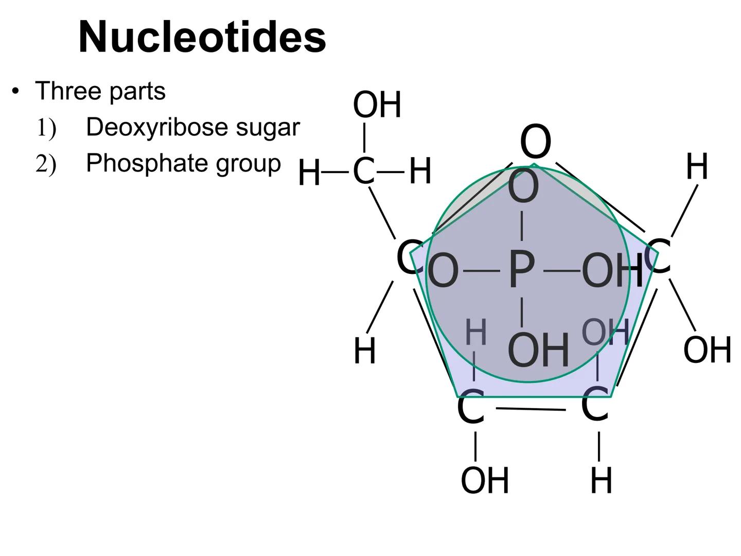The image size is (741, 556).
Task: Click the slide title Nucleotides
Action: coord(202,37)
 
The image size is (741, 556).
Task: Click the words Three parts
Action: coord(100,91)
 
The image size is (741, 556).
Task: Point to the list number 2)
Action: coord(45,164)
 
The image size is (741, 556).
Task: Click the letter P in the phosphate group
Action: coord(521,270)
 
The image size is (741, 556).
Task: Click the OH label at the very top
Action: coord(377,105)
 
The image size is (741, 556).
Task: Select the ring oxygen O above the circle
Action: coord(535,142)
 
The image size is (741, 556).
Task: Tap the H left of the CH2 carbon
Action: coord(309,172)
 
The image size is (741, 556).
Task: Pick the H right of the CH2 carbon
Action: coord(420,171)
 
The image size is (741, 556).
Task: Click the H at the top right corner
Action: coord(697,167)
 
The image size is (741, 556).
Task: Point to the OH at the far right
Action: coord(707,350)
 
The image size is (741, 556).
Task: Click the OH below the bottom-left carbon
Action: coord(484,480)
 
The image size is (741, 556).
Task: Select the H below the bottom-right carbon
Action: coord(601,481)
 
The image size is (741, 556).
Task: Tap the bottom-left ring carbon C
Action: coord(470,408)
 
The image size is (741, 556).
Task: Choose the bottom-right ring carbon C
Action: coord(595,406)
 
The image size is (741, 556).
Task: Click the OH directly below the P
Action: coord(538,351)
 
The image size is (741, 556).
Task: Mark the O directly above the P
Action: coord(523,187)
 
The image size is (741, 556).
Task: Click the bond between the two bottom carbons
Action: coord(531,409)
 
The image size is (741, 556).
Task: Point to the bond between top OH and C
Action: coord(364,137)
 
